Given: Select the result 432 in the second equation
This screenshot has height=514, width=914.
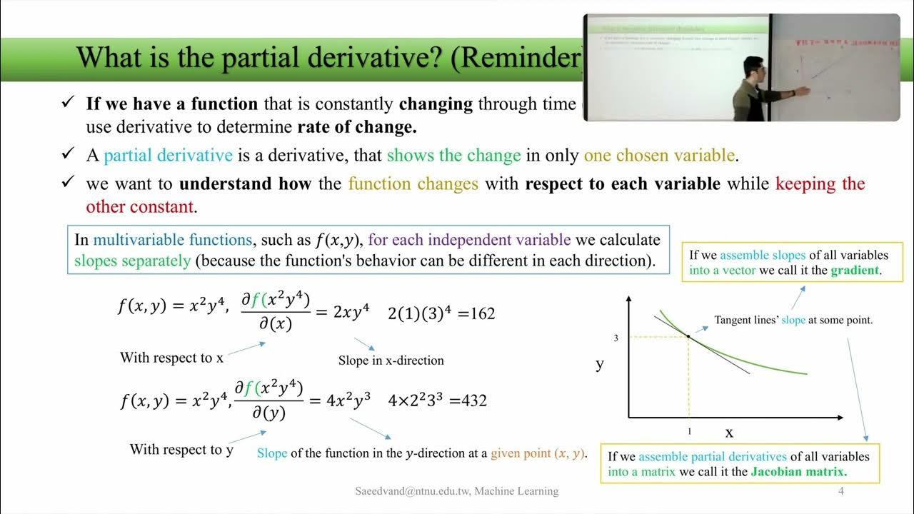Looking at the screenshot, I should (x=474, y=400).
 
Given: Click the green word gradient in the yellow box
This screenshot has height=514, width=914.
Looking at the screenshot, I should (x=854, y=271).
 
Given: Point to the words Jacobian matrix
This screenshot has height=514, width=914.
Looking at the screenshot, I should (x=799, y=472).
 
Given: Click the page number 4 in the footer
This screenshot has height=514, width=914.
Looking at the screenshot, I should (x=841, y=491).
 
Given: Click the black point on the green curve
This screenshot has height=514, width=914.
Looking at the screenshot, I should (x=688, y=336).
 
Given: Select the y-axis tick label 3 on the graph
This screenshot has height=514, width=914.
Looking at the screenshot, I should (x=616, y=338).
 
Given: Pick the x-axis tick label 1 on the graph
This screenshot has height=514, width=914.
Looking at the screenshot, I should (x=689, y=432).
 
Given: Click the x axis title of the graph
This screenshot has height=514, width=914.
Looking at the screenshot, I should (x=729, y=433).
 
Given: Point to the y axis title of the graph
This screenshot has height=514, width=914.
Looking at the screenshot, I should (x=600, y=364).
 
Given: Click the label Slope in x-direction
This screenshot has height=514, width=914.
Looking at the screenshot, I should (x=391, y=361).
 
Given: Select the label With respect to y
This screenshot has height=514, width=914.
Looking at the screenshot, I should (x=181, y=450).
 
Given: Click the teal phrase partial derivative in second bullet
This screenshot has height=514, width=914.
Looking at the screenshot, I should (x=169, y=156).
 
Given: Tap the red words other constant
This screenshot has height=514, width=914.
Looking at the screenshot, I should (x=140, y=207).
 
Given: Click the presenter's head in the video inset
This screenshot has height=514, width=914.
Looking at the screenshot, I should (x=755, y=68).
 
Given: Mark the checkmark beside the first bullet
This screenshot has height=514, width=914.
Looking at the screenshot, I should (x=69, y=104).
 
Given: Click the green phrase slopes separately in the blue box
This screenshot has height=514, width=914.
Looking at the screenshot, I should (x=133, y=261).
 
